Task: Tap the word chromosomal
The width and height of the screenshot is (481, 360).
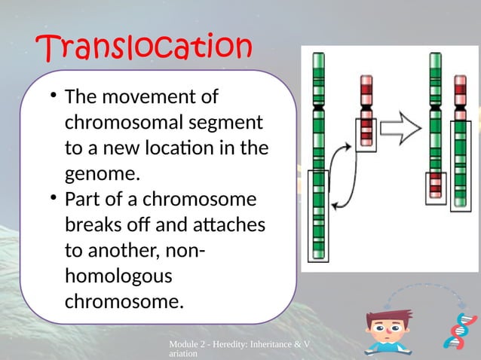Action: (x=121, y=123)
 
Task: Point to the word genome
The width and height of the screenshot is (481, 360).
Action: (x=103, y=174)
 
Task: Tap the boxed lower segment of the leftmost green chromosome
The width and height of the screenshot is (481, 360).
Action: (x=320, y=215)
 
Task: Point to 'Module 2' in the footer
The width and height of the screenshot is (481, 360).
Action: (x=188, y=344)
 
